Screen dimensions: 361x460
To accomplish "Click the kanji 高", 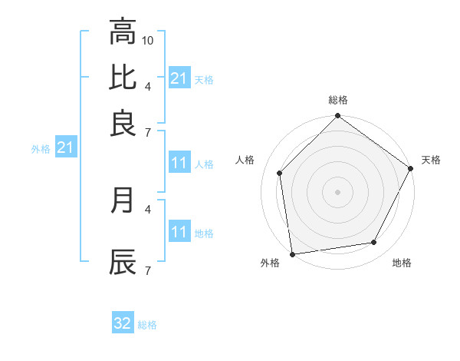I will coord(123,32).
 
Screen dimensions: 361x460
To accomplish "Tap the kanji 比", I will coord(123,78).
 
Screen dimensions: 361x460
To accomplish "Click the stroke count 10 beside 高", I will coord(149,39).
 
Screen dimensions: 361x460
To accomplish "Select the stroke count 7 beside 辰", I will coord(147,270).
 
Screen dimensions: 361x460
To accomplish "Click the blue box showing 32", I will coord(123,324).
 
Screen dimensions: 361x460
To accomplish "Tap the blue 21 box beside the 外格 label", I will coord(64,148).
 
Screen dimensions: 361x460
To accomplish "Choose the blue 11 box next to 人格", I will coord(179,164).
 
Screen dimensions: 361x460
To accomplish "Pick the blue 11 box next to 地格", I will coord(179,233).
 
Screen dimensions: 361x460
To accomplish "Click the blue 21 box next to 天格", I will coord(179,78).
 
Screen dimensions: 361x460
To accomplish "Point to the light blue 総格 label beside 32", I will coord(147,325).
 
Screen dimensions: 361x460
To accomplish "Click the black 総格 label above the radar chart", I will coord(338,100).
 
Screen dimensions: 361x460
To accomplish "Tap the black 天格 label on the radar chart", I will coord(431,160).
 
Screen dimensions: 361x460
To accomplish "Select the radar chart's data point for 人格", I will coord(280,173).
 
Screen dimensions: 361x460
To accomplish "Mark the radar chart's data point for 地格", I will coord(374,243).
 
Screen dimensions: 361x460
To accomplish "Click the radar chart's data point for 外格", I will coord(292,254).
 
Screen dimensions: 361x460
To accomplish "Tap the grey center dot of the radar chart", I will coord(338,191).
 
